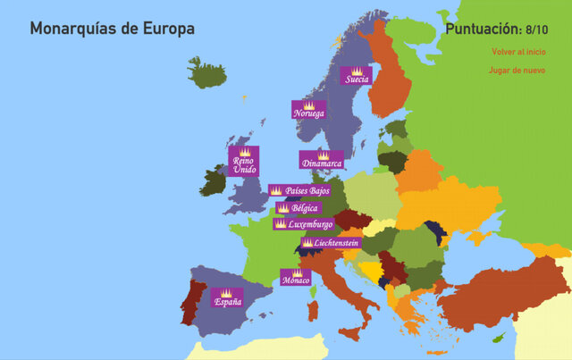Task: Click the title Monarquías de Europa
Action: tap(112, 29)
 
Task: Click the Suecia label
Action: tap(356, 80)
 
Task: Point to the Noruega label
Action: tap(308, 113)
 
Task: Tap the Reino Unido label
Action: tap(243, 165)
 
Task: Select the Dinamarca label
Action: tap(322, 163)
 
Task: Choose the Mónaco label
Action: tap(295, 280)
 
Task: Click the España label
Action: tap(227, 302)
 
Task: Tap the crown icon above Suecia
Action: tap(356, 71)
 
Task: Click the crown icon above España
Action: tap(227, 292)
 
